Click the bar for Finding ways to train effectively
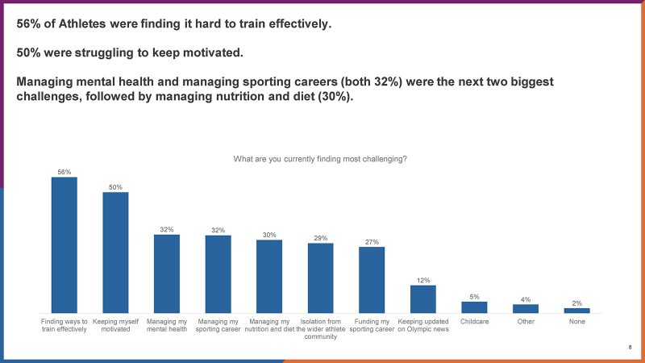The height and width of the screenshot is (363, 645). click(x=64, y=245)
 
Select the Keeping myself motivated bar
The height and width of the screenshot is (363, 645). click(x=115, y=252)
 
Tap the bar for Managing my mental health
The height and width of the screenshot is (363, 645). click(x=167, y=274)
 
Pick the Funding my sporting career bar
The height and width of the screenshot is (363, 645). click(x=372, y=280)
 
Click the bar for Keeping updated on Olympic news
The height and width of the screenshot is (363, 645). click(x=422, y=299)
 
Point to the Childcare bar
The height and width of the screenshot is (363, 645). click(x=474, y=307)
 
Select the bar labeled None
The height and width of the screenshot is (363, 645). click(x=576, y=311)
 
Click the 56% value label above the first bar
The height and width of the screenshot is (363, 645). click(x=64, y=172)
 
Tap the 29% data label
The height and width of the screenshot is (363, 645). click(x=320, y=238)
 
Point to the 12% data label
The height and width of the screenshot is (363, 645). click(x=423, y=280)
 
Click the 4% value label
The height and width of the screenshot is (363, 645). click(x=526, y=299)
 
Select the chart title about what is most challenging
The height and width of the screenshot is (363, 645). click(x=320, y=159)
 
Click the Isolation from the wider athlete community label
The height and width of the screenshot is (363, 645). click(x=320, y=329)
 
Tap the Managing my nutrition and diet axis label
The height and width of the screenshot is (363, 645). click(x=269, y=325)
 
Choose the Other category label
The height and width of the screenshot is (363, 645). click(x=526, y=321)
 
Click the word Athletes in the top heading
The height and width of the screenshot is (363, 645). click(x=82, y=24)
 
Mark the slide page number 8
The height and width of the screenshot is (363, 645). click(x=630, y=348)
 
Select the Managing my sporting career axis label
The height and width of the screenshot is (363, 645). click(x=218, y=325)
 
